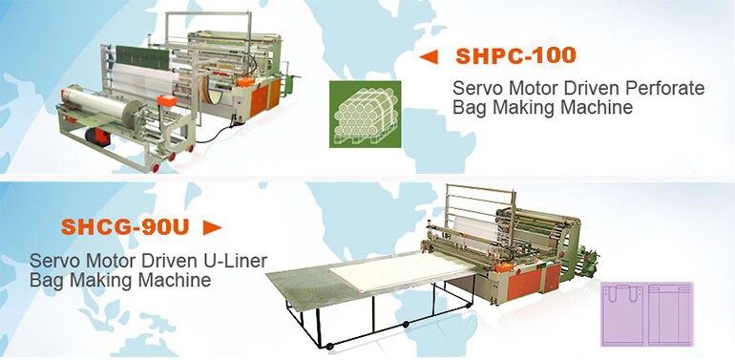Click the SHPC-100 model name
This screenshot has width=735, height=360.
click(515, 56)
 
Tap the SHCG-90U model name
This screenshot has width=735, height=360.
click(125, 227)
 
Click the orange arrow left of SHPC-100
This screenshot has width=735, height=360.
click(429, 57)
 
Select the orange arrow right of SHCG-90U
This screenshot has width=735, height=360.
click(212, 228)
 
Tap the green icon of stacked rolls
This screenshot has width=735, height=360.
click(366, 115)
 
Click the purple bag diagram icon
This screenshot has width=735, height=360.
click(647, 314)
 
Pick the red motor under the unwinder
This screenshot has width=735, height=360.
click(97, 138)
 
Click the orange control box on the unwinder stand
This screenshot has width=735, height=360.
click(167, 100)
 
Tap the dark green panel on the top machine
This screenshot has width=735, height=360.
click(142, 57)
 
